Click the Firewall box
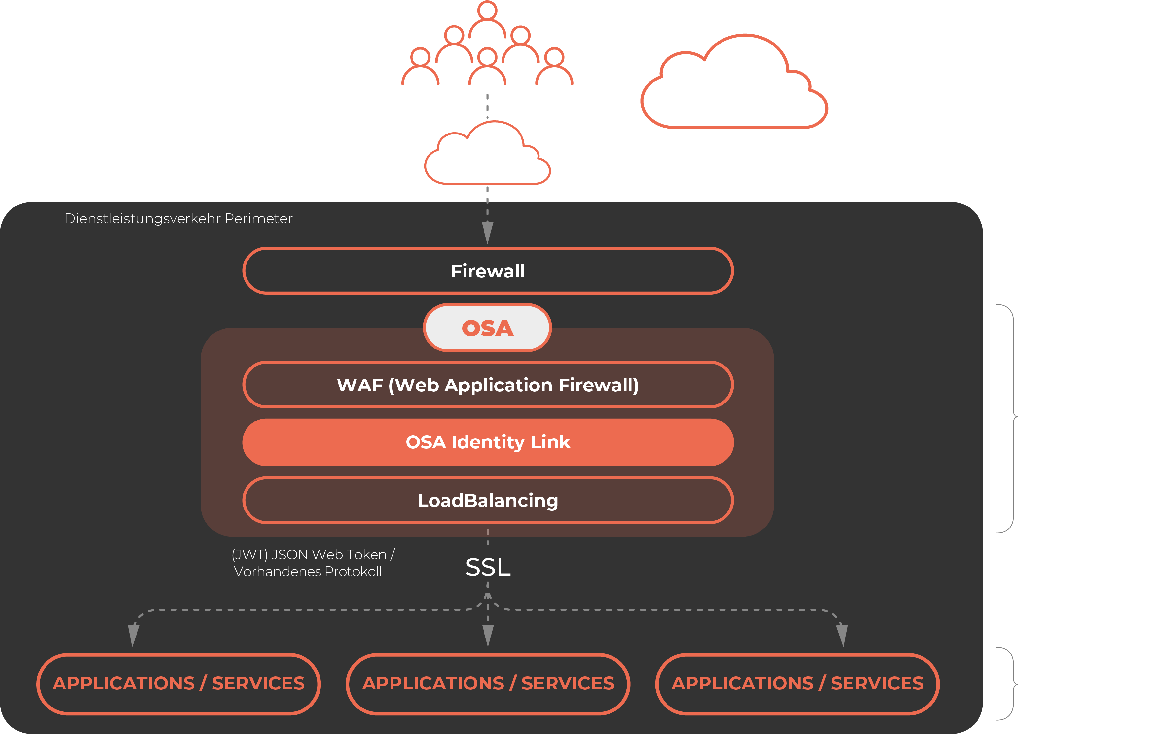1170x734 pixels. click(488, 271)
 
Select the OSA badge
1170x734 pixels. click(487, 328)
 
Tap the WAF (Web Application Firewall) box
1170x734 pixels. click(488, 385)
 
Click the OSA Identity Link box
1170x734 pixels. click(488, 442)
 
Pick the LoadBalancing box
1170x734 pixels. click(488, 500)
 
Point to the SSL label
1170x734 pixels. click(488, 567)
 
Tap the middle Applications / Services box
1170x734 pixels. click(488, 684)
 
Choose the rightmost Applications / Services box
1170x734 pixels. click(797, 684)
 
